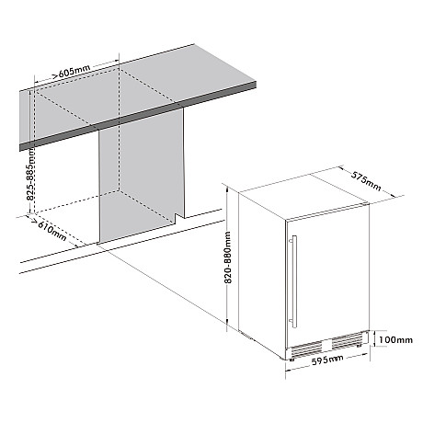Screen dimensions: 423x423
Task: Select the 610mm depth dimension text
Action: (52, 231)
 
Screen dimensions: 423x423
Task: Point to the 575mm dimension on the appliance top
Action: (366, 181)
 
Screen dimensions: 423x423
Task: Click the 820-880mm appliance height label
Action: (228, 257)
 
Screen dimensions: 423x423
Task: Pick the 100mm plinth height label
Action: (395, 340)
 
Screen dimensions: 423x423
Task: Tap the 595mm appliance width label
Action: (327, 360)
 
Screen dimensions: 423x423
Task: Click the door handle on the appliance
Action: (293, 281)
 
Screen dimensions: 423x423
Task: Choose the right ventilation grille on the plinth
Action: (347, 339)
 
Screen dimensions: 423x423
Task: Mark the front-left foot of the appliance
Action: (292, 359)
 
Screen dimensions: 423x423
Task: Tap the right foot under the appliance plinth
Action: (359, 346)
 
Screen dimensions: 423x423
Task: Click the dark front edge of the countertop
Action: (138, 116)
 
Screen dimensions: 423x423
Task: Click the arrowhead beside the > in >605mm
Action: (54, 75)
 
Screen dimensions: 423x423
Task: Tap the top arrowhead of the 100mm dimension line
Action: (375, 332)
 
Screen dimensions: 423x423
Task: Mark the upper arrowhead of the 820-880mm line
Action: (227, 189)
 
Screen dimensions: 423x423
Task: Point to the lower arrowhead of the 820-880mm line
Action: (227, 321)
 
